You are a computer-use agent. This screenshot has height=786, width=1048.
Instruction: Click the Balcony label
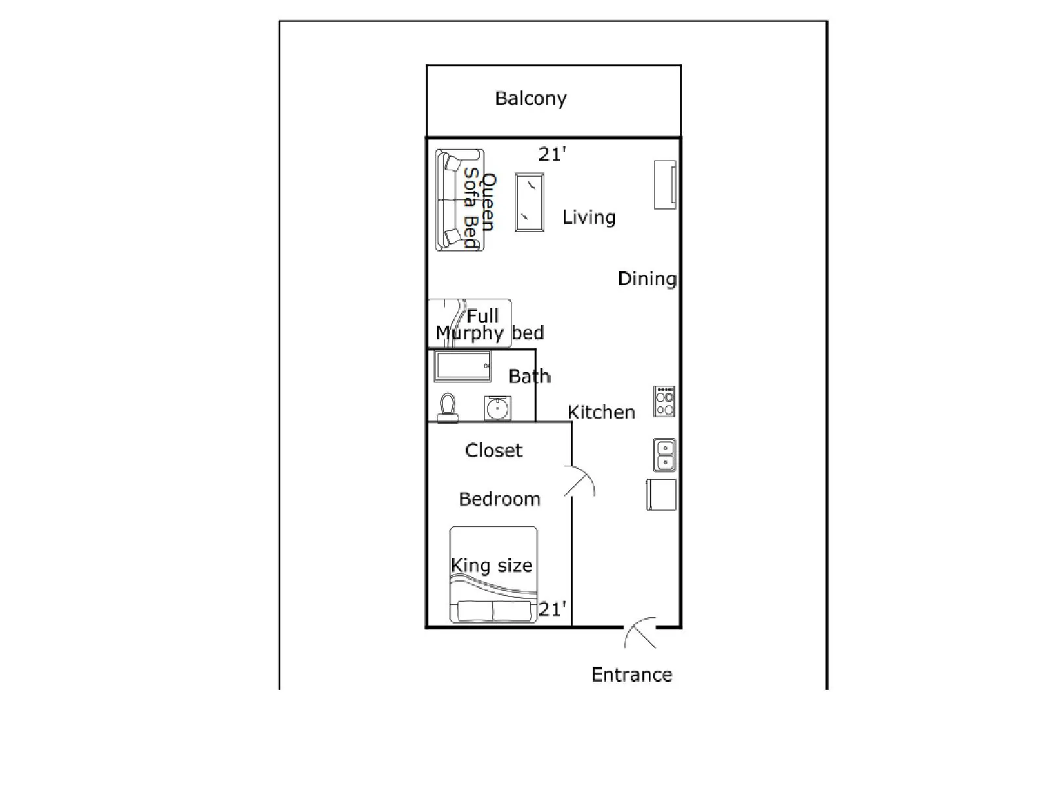[x=531, y=99]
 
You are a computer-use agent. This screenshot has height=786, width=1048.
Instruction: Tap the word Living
[x=589, y=217]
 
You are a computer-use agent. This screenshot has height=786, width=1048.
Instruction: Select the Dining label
[x=647, y=279]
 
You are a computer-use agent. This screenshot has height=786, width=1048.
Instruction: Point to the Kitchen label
[x=601, y=413]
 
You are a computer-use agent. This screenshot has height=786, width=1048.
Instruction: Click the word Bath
[x=529, y=377]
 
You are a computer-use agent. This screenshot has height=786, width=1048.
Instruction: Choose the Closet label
[x=494, y=451]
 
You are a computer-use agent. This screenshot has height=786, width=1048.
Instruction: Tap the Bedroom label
[x=499, y=499]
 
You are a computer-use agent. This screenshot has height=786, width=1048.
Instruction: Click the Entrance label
[x=631, y=675]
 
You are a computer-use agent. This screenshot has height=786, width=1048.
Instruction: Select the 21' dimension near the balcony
[x=552, y=154]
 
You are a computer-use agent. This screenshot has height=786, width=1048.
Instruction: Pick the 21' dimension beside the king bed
[x=552, y=609]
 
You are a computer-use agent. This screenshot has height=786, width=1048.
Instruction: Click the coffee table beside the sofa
[x=529, y=202]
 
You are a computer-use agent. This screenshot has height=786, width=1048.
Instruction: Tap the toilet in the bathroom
[x=448, y=409]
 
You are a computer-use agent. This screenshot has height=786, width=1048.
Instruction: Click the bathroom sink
[x=498, y=409]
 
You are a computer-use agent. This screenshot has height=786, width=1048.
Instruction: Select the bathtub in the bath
[x=462, y=367]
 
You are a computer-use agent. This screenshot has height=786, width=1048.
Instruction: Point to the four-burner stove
[x=664, y=402]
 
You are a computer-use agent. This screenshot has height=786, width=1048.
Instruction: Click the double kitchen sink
[x=665, y=455]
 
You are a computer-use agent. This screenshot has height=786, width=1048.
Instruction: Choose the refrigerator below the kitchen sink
[x=662, y=495]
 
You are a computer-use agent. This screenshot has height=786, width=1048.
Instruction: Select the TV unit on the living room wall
[x=665, y=185]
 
